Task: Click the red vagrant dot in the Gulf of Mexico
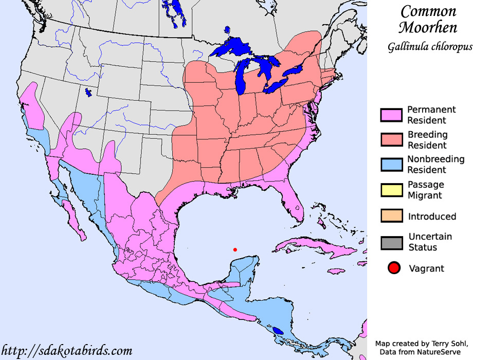235,250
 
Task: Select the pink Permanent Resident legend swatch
390,115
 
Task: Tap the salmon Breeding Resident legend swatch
390,140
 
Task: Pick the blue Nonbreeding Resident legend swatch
390,165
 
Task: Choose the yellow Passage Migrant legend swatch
390,190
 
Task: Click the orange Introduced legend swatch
390,217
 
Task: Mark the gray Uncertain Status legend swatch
390,242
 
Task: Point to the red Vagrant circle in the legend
394,268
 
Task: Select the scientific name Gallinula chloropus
430,47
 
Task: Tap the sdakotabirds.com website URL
66,351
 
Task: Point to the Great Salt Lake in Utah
89,93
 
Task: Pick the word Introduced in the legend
432,217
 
